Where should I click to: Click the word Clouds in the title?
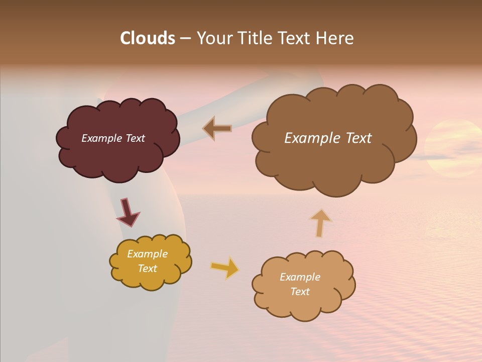(148, 38)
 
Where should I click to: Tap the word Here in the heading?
(335, 38)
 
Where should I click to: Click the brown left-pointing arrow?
(217, 128)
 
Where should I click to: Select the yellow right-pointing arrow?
(225, 267)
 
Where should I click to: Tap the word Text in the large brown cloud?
(354, 138)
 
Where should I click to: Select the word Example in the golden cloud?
(147, 254)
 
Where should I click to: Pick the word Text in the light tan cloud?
(300, 292)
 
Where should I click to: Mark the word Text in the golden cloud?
(147, 268)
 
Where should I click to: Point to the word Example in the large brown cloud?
(307, 138)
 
